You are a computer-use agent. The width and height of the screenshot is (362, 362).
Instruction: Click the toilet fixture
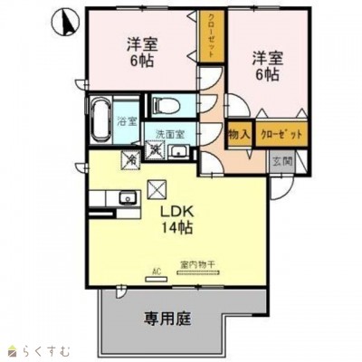pyautogui.click(x=163, y=106)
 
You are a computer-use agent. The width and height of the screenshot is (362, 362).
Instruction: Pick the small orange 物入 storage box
pyautogui.click(x=239, y=133)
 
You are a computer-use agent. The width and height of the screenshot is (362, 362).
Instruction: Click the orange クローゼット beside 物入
pyautogui.click(x=281, y=133)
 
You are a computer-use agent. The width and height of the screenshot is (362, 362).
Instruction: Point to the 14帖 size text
pyautogui.click(x=176, y=225)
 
